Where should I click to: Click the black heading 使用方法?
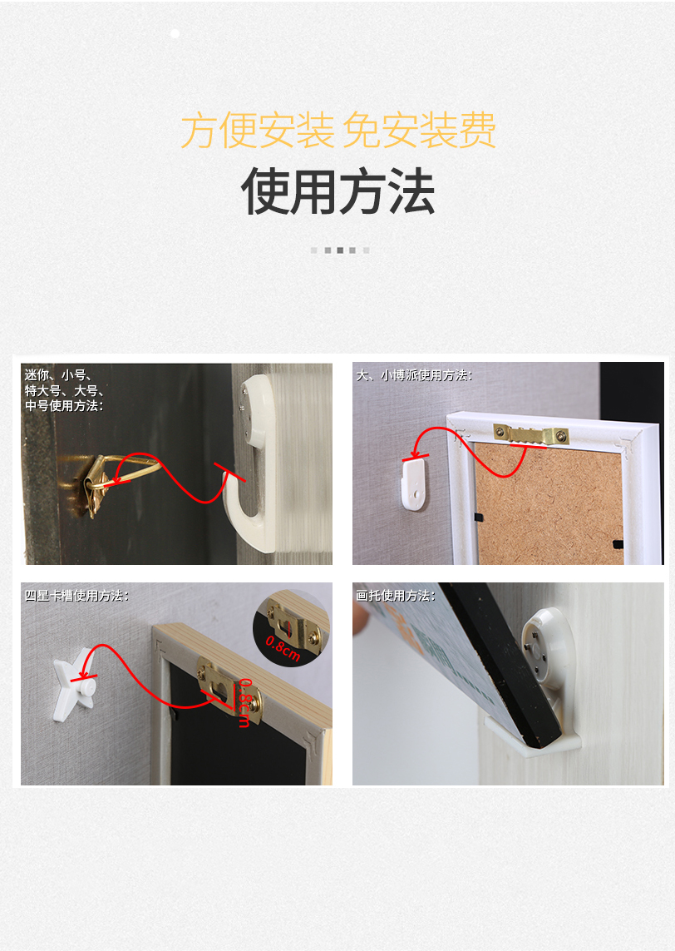(337, 192)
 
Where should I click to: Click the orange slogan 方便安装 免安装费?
(337, 131)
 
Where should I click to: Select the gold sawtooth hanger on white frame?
(530, 434)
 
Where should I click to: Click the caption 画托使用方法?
(395, 597)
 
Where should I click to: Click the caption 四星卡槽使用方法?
(76, 597)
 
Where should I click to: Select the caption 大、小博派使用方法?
(413, 376)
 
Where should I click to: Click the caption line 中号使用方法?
(64, 406)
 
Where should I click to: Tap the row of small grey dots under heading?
(340, 250)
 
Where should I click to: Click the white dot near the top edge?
(175, 33)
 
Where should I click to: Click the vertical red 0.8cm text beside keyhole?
(244, 704)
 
